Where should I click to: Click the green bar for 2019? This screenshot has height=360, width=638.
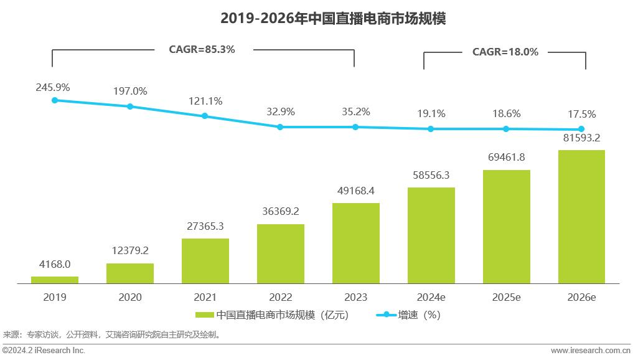55,280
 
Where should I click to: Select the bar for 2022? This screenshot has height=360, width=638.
280,254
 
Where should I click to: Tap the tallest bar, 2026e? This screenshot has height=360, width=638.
581,217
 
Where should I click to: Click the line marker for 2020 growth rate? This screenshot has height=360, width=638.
130,107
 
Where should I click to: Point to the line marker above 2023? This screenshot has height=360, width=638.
355,127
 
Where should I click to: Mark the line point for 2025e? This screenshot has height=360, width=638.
506,129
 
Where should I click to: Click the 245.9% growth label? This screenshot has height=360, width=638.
53,87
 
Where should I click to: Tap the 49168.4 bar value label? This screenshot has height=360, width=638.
355,191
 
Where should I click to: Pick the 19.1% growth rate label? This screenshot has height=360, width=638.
431,113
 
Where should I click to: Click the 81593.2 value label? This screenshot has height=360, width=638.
581,138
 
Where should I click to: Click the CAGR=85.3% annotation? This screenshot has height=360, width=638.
202,49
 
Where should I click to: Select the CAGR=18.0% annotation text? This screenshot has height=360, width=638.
505,52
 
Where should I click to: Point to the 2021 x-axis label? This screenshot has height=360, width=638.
205,298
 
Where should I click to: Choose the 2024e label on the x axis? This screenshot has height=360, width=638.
431,298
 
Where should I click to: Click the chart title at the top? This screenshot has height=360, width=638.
333,19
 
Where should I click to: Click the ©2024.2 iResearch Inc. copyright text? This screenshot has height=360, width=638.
44,351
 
